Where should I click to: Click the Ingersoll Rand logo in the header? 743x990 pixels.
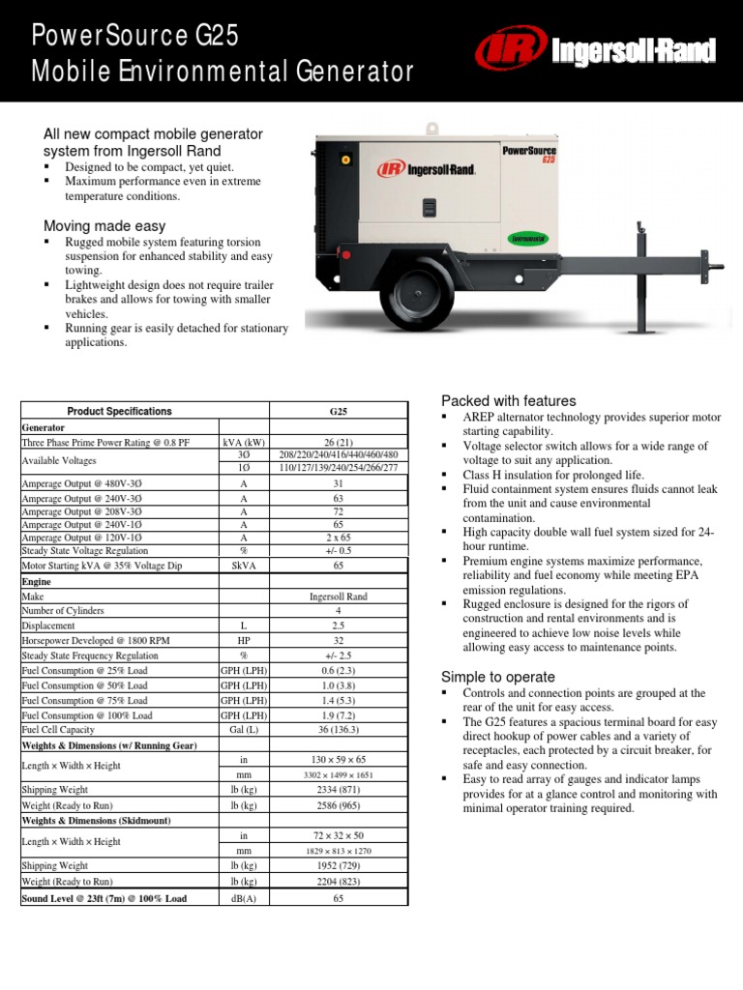(594, 51)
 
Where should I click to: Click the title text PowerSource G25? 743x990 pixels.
(134, 36)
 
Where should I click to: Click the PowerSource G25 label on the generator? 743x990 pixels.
(529, 154)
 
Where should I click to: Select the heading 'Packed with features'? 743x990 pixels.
(508, 400)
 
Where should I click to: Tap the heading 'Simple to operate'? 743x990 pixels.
(497, 677)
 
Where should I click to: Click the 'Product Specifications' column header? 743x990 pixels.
(119, 411)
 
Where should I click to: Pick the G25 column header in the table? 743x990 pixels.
(338, 411)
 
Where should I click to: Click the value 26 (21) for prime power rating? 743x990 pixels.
(338, 441)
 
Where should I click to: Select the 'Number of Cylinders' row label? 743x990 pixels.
(63, 611)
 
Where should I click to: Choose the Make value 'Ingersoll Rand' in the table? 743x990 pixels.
(338, 597)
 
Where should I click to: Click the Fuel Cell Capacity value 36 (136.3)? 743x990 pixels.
(338, 730)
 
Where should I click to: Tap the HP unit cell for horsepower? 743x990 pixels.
(243, 640)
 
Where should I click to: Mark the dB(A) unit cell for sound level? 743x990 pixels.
(243, 898)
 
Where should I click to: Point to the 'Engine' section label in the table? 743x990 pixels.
(36, 582)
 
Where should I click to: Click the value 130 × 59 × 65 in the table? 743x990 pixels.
(338, 761)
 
